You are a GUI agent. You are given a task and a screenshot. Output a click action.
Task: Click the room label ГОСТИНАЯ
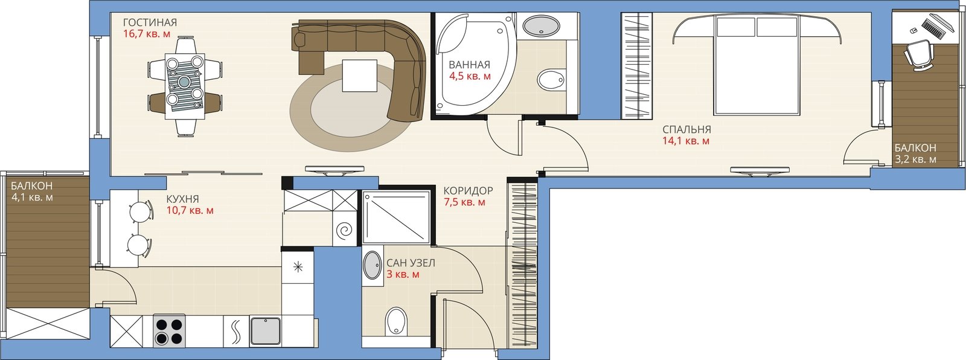150,22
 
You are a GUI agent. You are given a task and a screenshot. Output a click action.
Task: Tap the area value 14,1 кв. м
686,141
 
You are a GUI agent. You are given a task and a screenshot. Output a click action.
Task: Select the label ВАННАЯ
469,65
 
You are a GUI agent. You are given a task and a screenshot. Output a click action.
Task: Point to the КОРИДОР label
468,190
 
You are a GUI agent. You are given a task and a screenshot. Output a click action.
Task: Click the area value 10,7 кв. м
190,211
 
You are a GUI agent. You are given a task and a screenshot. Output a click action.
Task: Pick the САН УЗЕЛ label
411,263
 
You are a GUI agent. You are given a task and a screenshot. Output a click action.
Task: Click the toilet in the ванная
551,79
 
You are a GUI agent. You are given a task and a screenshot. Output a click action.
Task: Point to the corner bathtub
475,64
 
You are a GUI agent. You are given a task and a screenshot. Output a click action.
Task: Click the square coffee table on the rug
360,76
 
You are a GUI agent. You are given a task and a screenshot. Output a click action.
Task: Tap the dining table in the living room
185,86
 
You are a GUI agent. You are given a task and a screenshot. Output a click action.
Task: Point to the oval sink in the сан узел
372,265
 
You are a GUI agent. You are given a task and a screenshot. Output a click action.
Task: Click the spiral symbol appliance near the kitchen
345,231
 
